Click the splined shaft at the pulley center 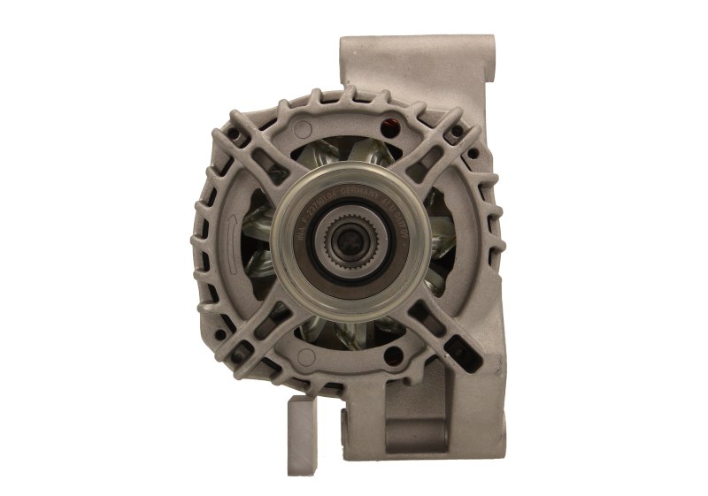[x=342, y=236]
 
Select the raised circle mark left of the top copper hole [x=304, y=123]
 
